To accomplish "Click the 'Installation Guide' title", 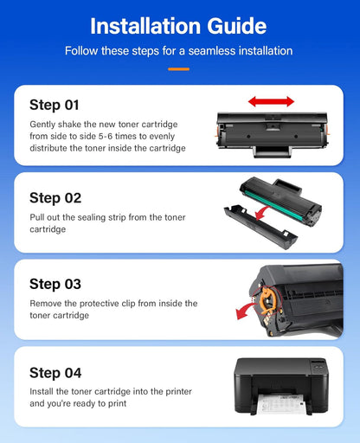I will (x=178, y=25).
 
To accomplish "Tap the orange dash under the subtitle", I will (x=178, y=67).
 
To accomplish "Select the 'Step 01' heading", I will (x=55, y=105).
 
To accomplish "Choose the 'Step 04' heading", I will (x=55, y=373).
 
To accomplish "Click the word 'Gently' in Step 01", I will (x=45, y=124).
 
